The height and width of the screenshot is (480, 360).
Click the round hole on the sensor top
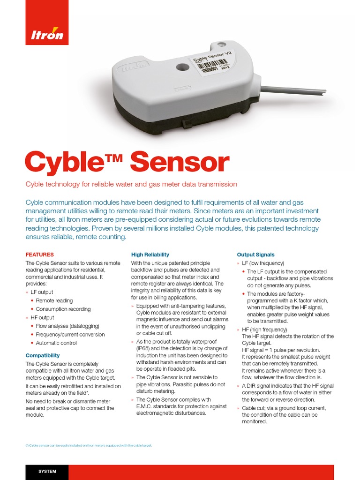[182, 67]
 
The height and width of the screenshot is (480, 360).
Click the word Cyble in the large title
[66, 162]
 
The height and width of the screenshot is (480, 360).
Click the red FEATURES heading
[39, 255]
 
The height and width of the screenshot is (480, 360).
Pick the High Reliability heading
[150, 255]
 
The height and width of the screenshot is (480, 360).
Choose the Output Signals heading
[255, 255]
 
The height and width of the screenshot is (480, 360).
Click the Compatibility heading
[43, 355]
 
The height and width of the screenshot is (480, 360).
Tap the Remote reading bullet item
[54, 300]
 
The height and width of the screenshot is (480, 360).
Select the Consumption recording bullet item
[63, 309]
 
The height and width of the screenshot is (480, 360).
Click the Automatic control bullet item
[56, 343]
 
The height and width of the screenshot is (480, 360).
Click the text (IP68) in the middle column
[145, 349]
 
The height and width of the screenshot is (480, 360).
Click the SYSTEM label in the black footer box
[47, 472]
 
